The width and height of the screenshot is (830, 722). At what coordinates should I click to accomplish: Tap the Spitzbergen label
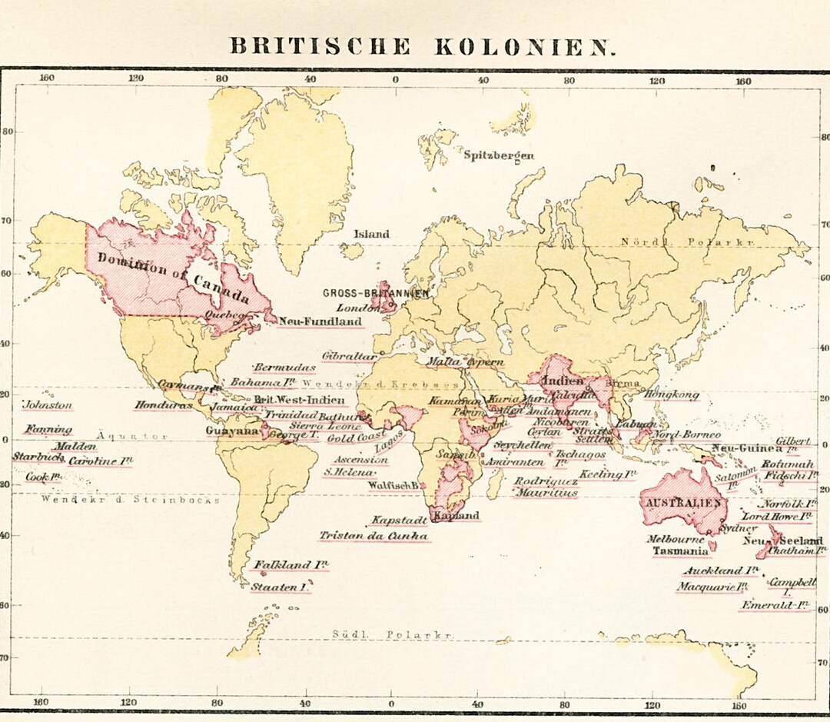(498, 155)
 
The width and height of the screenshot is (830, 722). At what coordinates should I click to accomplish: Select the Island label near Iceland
(371, 234)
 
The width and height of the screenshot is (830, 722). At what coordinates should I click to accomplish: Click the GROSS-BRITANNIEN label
(375, 293)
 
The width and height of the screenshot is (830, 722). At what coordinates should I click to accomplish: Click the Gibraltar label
(349, 357)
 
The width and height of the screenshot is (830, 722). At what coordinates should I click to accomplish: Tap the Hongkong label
(672, 394)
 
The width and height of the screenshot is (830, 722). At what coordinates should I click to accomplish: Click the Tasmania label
(680, 551)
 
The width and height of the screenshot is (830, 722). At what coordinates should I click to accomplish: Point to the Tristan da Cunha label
(373, 536)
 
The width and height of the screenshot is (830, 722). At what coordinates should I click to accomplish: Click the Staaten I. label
(281, 587)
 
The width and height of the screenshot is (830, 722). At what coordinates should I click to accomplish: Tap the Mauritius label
(546, 493)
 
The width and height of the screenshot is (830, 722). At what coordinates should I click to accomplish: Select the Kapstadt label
(399, 521)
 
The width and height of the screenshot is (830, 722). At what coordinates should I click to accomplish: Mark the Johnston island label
(48, 405)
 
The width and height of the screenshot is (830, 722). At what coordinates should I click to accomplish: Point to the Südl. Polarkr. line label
(392, 634)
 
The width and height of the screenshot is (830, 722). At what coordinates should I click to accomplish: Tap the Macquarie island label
(712, 587)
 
